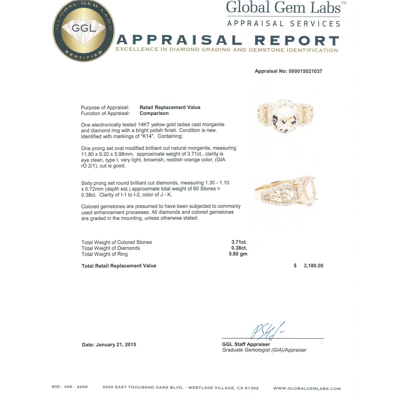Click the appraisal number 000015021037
pyautogui.click(x=305, y=71)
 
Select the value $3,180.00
pyautogui.click(x=309, y=266)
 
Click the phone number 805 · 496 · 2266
pyautogui.click(x=70, y=387)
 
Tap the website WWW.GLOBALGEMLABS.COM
pyautogui.click(x=307, y=388)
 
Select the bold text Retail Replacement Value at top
pyautogui.click(x=170, y=107)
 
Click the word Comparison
pyautogui.click(x=154, y=113)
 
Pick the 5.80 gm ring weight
pyautogui.click(x=238, y=254)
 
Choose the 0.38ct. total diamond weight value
pyautogui.click(x=239, y=248)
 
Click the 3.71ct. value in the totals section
pyautogui.click(x=239, y=242)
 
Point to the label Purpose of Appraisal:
pyautogui.click(x=105, y=108)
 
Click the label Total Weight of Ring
pyautogui.click(x=105, y=254)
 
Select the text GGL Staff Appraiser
pyautogui.click(x=246, y=344)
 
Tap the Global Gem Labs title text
pyautogui.click(x=283, y=8)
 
